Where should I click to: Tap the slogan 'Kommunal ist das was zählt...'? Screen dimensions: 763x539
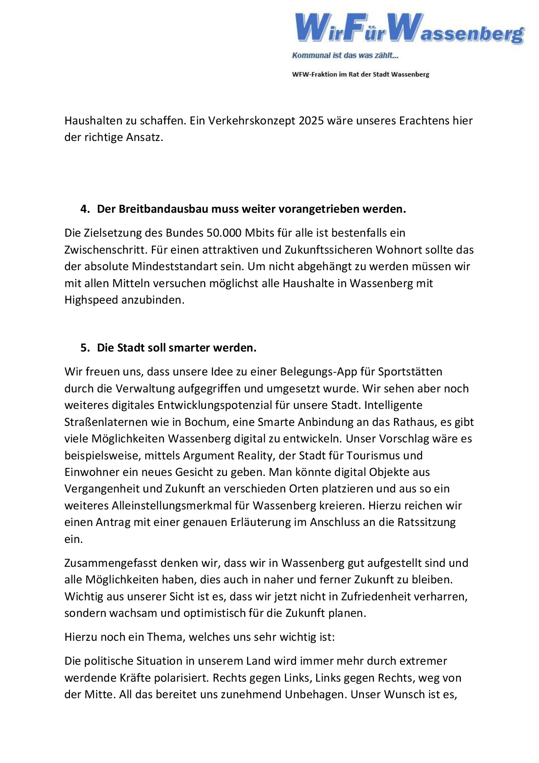pyautogui.click(x=345, y=55)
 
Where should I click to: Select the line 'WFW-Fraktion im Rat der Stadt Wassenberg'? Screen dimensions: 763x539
pyautogui.click(x=360, y=74)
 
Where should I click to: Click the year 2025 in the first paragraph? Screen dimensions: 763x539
pyautogui.click(x=311, y=120)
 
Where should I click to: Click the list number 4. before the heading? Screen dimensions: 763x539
pyautogui.click(x=85, y=209)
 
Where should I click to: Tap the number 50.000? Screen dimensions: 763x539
pyautogui.click(x=224, y=233)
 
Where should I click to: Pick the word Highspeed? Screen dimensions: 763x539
pyautogui.click(x=91, y=300)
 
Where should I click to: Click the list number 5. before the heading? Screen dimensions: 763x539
pyautogui.click(x=85, y=348)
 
